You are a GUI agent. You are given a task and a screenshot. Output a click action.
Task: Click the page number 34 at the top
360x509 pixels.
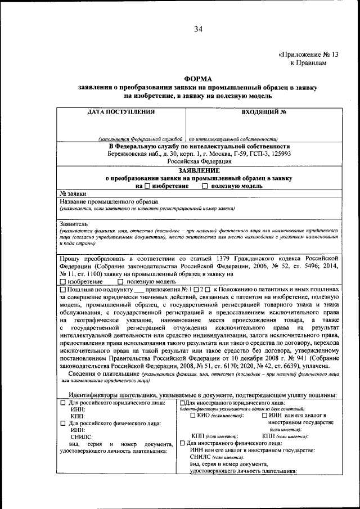198,29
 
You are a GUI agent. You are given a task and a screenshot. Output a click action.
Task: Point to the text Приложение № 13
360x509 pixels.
310,55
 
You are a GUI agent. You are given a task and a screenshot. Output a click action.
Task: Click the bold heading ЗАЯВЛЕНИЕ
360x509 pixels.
198,169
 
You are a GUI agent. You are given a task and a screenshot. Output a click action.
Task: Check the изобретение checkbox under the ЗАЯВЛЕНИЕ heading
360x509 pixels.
147,186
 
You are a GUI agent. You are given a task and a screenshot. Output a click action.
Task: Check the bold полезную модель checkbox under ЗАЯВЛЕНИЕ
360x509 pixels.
205,186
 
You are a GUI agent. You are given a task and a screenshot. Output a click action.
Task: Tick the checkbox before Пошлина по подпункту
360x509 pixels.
62,289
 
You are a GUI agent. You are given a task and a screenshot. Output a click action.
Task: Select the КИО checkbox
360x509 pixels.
193,416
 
